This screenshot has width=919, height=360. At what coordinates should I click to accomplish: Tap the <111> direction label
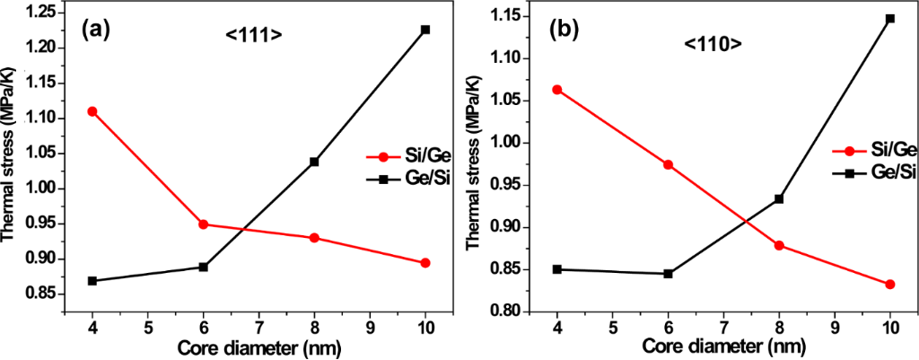click(254, 35)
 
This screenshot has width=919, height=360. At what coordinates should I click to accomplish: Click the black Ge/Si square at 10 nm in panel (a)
click(425, 30)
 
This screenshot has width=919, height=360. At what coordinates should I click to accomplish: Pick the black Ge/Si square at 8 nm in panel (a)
click(314, 162)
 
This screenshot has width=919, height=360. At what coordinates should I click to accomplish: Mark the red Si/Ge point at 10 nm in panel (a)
click(425, 263)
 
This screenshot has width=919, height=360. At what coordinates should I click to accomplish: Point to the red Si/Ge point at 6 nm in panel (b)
click(668, 165)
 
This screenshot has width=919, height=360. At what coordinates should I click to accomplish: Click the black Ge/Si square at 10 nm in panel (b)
click(890, 18)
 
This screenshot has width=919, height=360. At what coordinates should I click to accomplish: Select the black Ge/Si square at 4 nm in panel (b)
click(556, 269)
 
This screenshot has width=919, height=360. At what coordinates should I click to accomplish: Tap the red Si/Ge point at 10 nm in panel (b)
click(890, 285)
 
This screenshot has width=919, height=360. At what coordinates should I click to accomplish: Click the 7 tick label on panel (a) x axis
click(258, 327)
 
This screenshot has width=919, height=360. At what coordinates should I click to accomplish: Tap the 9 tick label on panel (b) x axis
click(835, 329)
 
